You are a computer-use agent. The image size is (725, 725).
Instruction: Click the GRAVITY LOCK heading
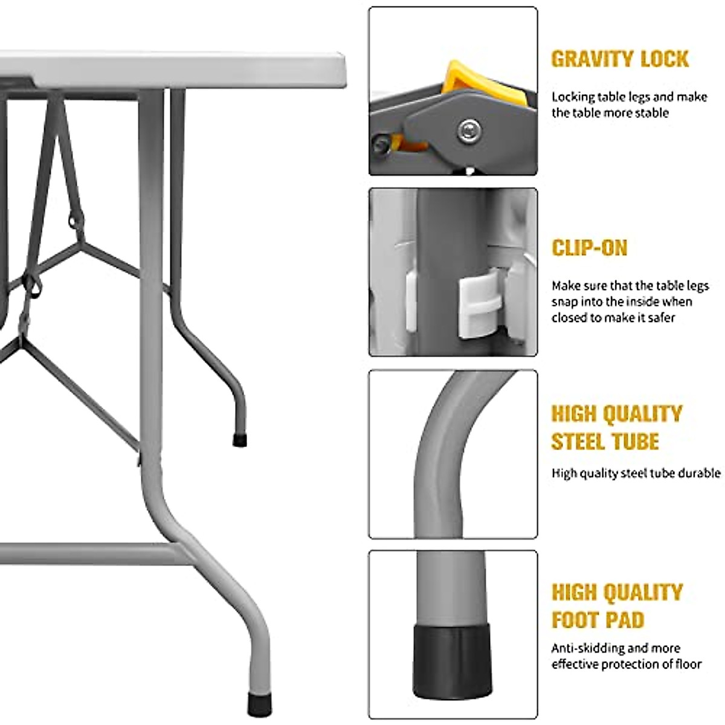coord(619,59)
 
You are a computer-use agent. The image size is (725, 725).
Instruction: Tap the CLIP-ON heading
coord(590,248)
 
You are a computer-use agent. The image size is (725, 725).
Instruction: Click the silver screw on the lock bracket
coord(469,129)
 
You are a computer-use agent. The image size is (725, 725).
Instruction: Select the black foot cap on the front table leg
coord(259,701)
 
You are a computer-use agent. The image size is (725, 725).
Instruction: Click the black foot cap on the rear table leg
coord(239,440)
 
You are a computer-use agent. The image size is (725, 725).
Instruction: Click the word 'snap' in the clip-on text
coord(565,301)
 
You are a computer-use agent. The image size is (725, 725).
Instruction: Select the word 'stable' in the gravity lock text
coord(652,112)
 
